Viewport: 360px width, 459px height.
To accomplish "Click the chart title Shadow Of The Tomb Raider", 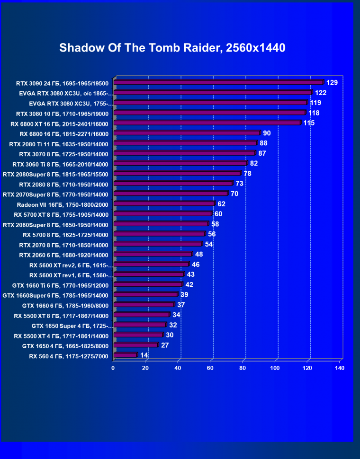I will tap(172, 48).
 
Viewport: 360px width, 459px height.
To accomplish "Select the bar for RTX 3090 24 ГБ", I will tap(218, 82).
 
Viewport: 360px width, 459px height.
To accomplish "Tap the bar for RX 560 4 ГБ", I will tap(125, 355).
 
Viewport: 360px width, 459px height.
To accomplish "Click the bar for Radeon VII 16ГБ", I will tap(164, 203).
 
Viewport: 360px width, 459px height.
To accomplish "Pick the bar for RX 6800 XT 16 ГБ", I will tap(207, 123).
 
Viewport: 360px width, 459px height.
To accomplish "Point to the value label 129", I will tap(332, 83).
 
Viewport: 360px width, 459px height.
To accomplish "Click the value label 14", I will tap(144, 355).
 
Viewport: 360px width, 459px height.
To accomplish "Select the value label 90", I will tap(268, 133).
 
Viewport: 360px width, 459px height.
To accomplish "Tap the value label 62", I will tap(222, 203).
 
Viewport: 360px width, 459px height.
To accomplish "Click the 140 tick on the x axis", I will tap(339, 368).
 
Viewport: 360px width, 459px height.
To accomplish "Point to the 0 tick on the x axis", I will tap(113, 368).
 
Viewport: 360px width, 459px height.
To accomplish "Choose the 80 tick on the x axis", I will tap(243, 368).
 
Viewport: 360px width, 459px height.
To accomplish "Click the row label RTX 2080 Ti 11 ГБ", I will tap(59, 144).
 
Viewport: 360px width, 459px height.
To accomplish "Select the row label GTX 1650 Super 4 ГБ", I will tap(72, 326).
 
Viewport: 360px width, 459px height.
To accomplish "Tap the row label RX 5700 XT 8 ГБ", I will tap(61, 214).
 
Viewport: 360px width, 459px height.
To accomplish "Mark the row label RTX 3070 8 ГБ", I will tap(63, 154).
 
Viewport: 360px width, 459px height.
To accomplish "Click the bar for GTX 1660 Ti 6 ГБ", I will tap(148, 284).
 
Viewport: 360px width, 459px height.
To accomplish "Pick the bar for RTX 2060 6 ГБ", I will tap(153, 254).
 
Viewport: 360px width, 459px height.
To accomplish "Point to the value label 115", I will tap(309, 123).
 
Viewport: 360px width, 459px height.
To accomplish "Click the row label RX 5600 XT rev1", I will tap(71, 275).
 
